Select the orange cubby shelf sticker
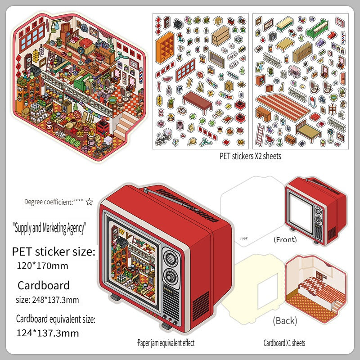pos(165,48)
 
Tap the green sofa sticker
pos(318,29)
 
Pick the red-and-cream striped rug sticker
pos(283,107)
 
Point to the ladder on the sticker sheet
pos(260,135)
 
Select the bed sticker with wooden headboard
pos(308,131)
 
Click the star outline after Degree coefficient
pos(89,202)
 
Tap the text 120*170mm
pos(42,266)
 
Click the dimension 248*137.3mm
pos(55,300)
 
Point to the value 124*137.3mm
pos(48,333)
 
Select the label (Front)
pos(285,239)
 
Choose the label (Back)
pos(285,321)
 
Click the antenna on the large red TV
pos(171,199)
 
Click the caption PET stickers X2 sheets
pos(250,156)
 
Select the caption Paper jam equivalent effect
pos(166,343)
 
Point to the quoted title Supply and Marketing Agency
pos(49,228)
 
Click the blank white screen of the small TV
pos(301,212)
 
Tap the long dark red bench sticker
pos(198,102)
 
